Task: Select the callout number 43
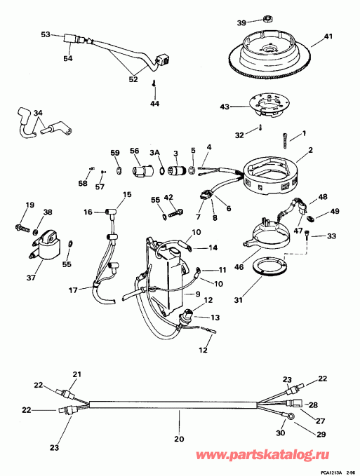pyautogui.click(x=225, y=107)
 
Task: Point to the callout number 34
pyautogui.click(x=38, y=112)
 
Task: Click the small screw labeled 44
pyautogui.click(x=154, y=85)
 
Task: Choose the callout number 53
pyautogui.click(x=46, y=34)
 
